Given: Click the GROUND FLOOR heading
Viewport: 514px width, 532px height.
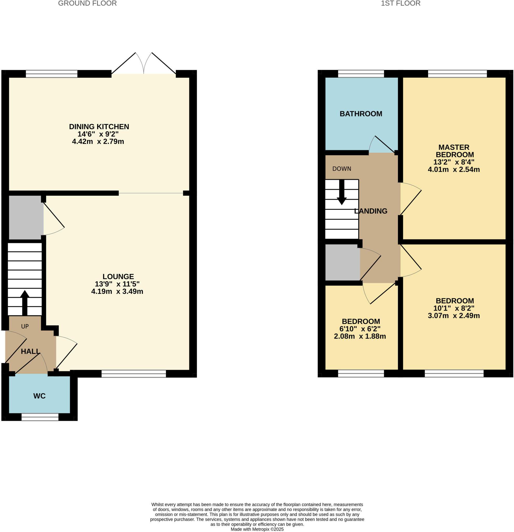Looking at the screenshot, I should (x=87, y=4).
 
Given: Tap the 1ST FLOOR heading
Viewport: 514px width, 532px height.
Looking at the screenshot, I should (x=400, y=4).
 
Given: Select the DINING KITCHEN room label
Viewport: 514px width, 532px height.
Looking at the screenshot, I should (x=99, y=127).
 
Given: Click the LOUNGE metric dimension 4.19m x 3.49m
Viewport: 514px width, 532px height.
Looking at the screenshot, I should (x=117, y=291).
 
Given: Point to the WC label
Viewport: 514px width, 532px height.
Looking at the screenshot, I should (x=39, y=396).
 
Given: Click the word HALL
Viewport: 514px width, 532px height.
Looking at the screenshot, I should (x=30, y=351).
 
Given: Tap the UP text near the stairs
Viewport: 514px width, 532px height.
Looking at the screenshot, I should (x=25, y=327).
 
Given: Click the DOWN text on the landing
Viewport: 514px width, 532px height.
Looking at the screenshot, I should (x=341, y=169).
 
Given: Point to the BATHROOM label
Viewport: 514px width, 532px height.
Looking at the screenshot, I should (x=361, y=114).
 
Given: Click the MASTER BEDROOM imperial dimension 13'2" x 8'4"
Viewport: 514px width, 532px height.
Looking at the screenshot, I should (x=454, y=162).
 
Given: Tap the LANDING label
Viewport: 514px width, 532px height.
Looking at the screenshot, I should (x=371, y=211).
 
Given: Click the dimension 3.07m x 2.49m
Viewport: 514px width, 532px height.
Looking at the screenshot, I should (x=454, y=316).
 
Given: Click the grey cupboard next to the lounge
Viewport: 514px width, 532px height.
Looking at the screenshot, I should (x=26, y=217).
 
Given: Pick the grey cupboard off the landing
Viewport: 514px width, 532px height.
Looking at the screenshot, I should (x=342, y=262).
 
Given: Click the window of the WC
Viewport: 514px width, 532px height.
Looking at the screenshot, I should (x=40, y=417).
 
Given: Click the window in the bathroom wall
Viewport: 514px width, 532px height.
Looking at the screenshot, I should (x=361, y=74).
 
